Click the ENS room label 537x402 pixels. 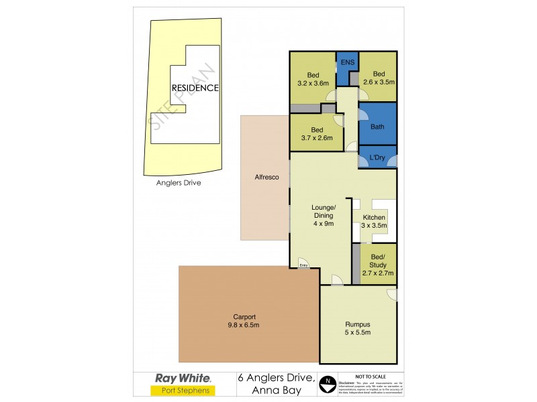[347, 63]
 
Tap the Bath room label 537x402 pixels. [377, 127]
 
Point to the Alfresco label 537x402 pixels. [266, 177]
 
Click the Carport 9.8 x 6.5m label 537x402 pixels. [244, 321]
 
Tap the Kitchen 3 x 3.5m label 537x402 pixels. [374, 222]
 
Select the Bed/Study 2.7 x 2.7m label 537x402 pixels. [378, 265]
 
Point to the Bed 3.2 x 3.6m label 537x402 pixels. [313, 79]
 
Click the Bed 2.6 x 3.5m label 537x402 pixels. [379, 78]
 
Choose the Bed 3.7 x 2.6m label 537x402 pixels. [317, 134]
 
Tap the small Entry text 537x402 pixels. [303, 265]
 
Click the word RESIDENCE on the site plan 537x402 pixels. [195, 88]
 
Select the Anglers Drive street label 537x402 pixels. [179, 182]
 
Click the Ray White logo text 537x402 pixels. [183, 378]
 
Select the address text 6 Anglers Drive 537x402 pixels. [277, 378]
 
